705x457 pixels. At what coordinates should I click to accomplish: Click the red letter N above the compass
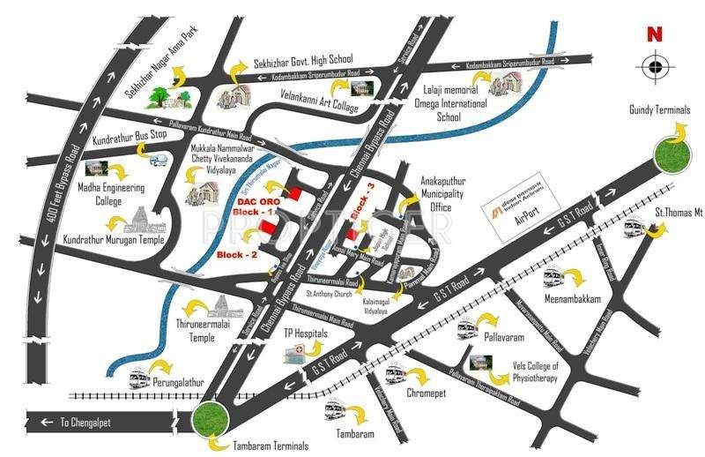[653, 35]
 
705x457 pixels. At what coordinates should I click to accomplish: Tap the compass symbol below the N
[653, 65]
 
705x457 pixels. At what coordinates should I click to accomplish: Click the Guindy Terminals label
[660, 109]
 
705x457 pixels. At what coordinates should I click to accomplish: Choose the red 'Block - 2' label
[236, 256]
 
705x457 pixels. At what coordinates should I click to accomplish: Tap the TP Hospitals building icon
[296, 352]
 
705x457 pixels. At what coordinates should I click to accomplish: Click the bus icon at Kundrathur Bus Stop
[160, 161]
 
